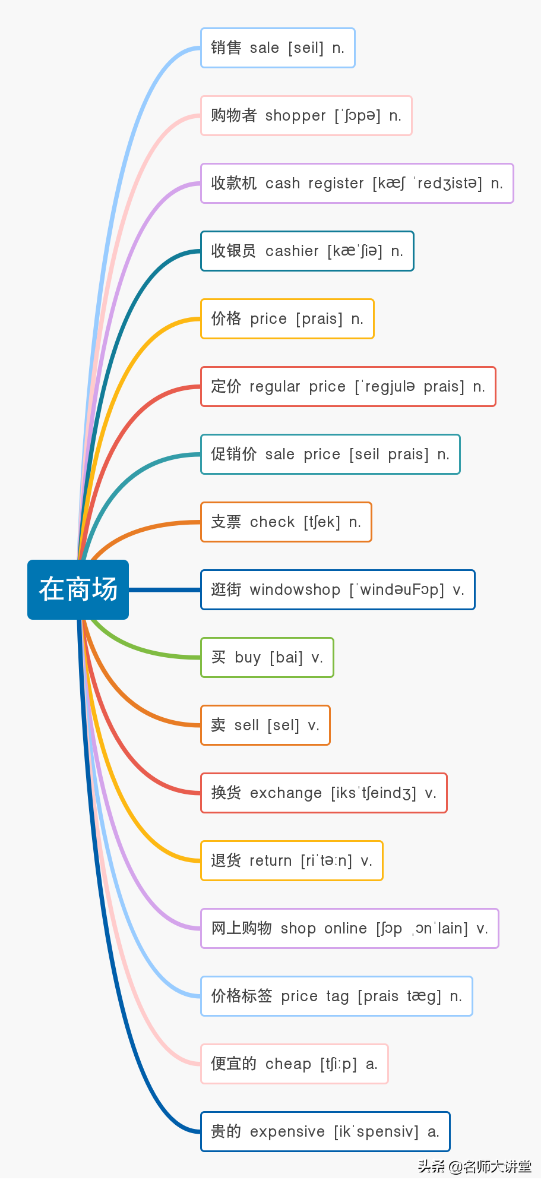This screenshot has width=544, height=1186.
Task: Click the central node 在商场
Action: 78,589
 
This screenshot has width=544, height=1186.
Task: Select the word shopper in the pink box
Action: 295,116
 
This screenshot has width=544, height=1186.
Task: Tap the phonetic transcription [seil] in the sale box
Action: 306,48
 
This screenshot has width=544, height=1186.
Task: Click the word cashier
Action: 292,251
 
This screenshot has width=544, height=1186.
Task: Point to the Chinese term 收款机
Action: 233,183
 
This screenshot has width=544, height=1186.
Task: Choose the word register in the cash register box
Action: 336,184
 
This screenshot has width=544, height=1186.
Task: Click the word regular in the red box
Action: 274,387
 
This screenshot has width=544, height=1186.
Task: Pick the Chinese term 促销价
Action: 233,454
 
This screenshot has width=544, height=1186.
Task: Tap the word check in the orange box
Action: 272,522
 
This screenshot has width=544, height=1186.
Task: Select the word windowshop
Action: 295,590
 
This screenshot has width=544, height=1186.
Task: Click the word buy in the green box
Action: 248,658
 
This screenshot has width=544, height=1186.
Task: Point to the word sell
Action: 246,726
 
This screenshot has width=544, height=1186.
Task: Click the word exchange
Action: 286,793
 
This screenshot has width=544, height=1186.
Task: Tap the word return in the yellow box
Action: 270,861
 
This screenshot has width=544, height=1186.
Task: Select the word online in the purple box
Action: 345,929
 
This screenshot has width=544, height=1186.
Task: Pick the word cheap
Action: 288,1064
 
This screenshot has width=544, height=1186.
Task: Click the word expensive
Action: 287,1132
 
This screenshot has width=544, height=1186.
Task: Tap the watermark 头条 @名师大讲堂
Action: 475,1166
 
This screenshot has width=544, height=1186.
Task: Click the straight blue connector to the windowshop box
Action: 165,589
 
